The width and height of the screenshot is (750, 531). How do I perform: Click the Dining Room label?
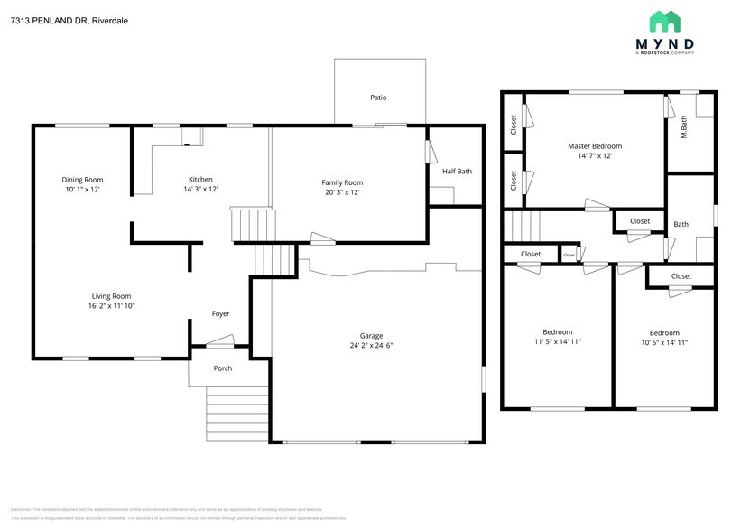pos(82,180)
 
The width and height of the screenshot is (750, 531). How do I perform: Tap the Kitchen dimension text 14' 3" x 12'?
pos(200,190)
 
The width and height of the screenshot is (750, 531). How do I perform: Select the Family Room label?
pos(342,182)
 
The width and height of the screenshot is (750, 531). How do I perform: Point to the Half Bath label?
pos(457,172)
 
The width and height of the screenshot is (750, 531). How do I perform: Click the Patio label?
pos(379,98)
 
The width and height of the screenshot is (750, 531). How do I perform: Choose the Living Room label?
pos(111,296)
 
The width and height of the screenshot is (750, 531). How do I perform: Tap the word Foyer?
pos(220,314)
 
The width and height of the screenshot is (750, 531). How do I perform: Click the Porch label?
pos(222,368)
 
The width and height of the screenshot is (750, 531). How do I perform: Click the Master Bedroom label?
pos(594,146)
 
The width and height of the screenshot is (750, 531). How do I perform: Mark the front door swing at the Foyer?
pos(219,341)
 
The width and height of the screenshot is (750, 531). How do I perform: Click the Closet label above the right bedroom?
pos(681,276)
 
